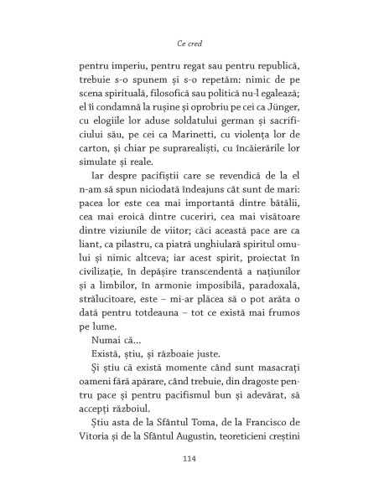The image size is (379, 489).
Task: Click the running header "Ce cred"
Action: tap(189, 42)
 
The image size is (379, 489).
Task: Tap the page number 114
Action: tap(189, 459)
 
